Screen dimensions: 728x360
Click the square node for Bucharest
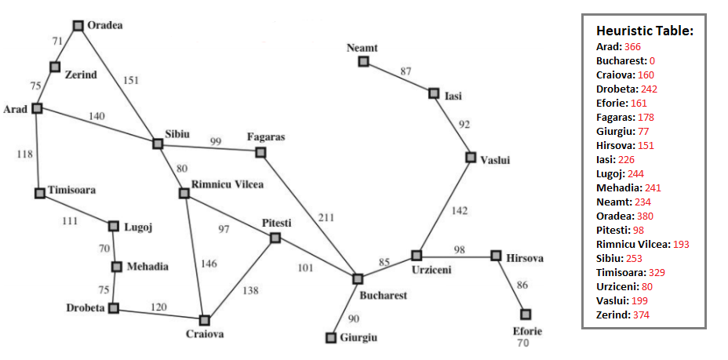[x=358, y=278]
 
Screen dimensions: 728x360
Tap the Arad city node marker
[x=37, y=108]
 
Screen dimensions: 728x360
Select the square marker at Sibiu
[x=158, y=144]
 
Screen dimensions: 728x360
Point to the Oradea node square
[x=78, y=25]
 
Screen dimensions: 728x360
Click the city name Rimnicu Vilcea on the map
[x=228, y=184]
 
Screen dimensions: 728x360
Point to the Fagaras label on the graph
[x=266, y=136]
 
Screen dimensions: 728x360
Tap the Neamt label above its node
[x=362, y=48]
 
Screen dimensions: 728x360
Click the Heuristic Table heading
[x=645, y=31]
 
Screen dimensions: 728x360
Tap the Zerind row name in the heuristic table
[x=611, y=315]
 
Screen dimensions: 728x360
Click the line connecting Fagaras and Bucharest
[x=310, y=212]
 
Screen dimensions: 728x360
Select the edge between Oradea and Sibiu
[x=118, y=84]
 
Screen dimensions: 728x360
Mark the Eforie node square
[x=526, y=314]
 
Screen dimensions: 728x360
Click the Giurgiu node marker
[x=331, y=337]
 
